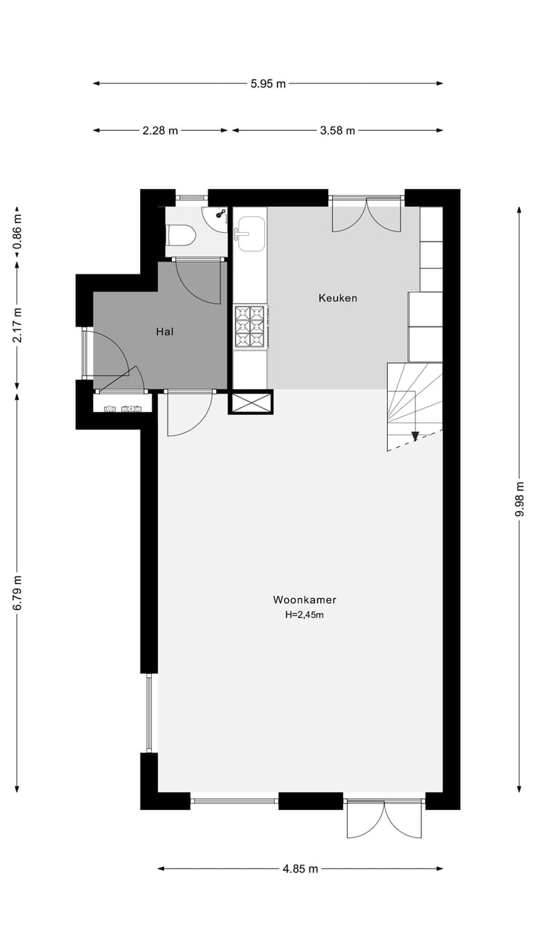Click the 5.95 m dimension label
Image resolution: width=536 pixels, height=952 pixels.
tap(268, 84)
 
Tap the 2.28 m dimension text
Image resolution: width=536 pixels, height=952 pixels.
tap(160, 131)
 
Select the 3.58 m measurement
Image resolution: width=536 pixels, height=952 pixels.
tap(337, 131)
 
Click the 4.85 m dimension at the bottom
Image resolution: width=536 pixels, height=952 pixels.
tap(300, 869)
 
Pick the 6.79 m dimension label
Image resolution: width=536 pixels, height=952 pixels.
tap(18, 593)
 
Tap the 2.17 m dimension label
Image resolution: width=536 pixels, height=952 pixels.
tap(18, 324)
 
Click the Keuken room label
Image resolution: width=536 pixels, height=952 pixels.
tap(338, 298)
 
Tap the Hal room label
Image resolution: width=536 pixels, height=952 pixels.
tap(165, 332)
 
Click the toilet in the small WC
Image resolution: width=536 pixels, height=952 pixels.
tap(180, 236)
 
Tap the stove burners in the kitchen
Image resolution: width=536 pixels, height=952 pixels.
tap(250, 327)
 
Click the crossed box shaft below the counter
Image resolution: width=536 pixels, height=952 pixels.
tap(250, 402)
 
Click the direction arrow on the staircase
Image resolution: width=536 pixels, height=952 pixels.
tap(415, 436)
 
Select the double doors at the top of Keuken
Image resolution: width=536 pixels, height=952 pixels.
tap(366, 215)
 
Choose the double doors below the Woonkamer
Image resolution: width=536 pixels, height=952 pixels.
tap(384, 818)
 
